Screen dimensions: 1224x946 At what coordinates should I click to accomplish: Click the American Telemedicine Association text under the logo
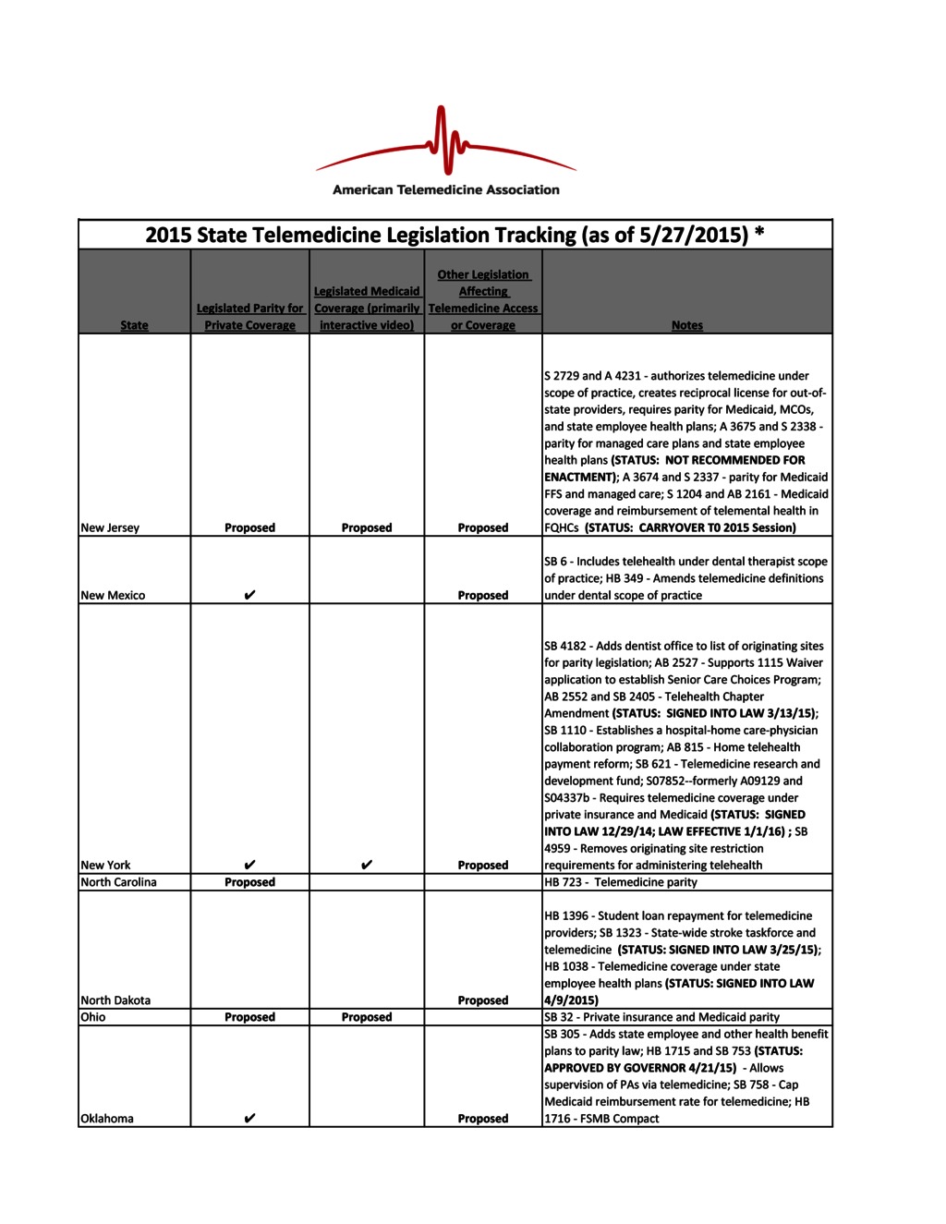point(445,189)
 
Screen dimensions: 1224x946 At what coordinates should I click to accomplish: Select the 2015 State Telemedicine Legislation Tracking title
point(455,235)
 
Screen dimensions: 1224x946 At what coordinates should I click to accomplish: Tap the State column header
point(134,325)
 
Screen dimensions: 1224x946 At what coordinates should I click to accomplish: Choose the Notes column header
point(686,325)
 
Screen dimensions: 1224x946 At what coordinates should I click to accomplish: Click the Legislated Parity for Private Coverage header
point(249,316)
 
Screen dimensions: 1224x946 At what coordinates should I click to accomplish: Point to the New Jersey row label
point(110,527)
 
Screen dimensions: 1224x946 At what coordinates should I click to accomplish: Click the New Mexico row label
point(113,595)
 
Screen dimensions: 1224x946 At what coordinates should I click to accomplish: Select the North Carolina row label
point(118,882)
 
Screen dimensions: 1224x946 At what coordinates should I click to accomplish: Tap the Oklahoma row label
point(107,1119)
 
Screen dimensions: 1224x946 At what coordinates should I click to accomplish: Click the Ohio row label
point(93,1017)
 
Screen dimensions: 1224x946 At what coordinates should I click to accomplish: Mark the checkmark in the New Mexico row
point(249,595)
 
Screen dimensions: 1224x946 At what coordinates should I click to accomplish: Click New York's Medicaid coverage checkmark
point(367,865)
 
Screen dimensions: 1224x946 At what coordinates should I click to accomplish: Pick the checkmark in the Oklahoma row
point(249,1119)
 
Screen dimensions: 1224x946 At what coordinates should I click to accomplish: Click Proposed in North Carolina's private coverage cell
point(249,882)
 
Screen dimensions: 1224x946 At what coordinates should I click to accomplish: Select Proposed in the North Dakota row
point(482,1000)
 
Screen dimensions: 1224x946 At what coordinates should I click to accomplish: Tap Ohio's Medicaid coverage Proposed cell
point(367,1017)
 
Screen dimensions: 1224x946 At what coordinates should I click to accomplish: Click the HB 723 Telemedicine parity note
point(621,882)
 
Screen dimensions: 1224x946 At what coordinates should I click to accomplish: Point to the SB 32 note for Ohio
point(661,1017)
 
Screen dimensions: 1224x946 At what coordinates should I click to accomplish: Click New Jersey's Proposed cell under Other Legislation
point(482,527)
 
